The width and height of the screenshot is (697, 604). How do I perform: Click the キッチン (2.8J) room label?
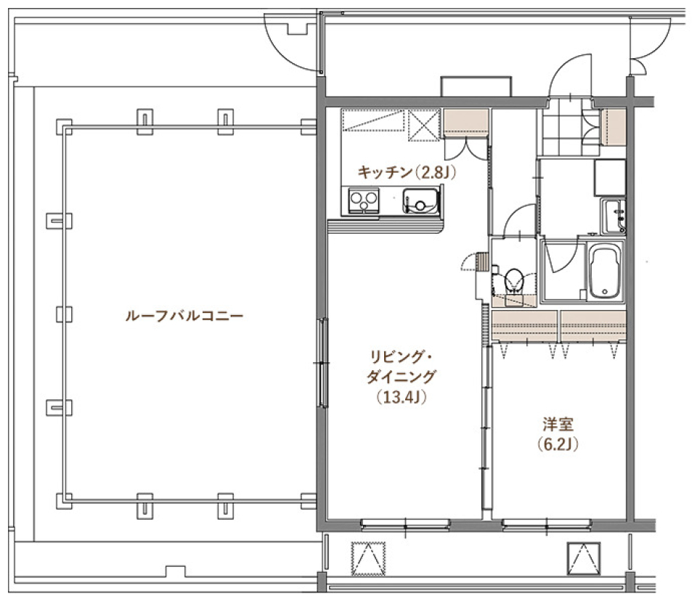click(x=406, y=172)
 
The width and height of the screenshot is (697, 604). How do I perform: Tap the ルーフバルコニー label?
click(x=184, y=317)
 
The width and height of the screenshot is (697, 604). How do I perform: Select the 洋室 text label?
click(x=558, y=423)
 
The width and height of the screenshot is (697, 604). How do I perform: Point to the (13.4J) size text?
click(x=401, y=397)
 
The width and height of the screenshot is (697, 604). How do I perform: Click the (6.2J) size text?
click(x=558, y=444)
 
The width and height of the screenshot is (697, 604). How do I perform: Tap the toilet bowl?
click(x=515, y=279)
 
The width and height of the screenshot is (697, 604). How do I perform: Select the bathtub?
click(x=605, y=272)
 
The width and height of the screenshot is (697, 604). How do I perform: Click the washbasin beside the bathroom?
click(x=614, y=216)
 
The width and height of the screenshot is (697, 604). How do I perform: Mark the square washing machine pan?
click(x=610, y=177)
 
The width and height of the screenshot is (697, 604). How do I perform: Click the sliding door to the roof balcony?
click(x=320, y=363)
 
